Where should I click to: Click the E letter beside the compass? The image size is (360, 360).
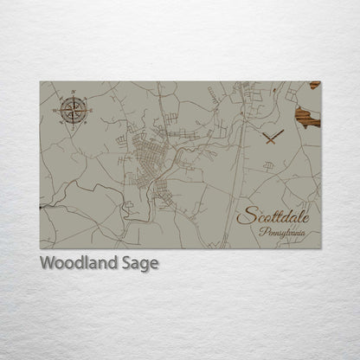85,110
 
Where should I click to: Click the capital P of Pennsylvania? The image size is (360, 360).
262,230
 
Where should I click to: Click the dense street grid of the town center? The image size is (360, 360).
147,164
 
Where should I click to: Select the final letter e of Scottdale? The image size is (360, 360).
302,216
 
